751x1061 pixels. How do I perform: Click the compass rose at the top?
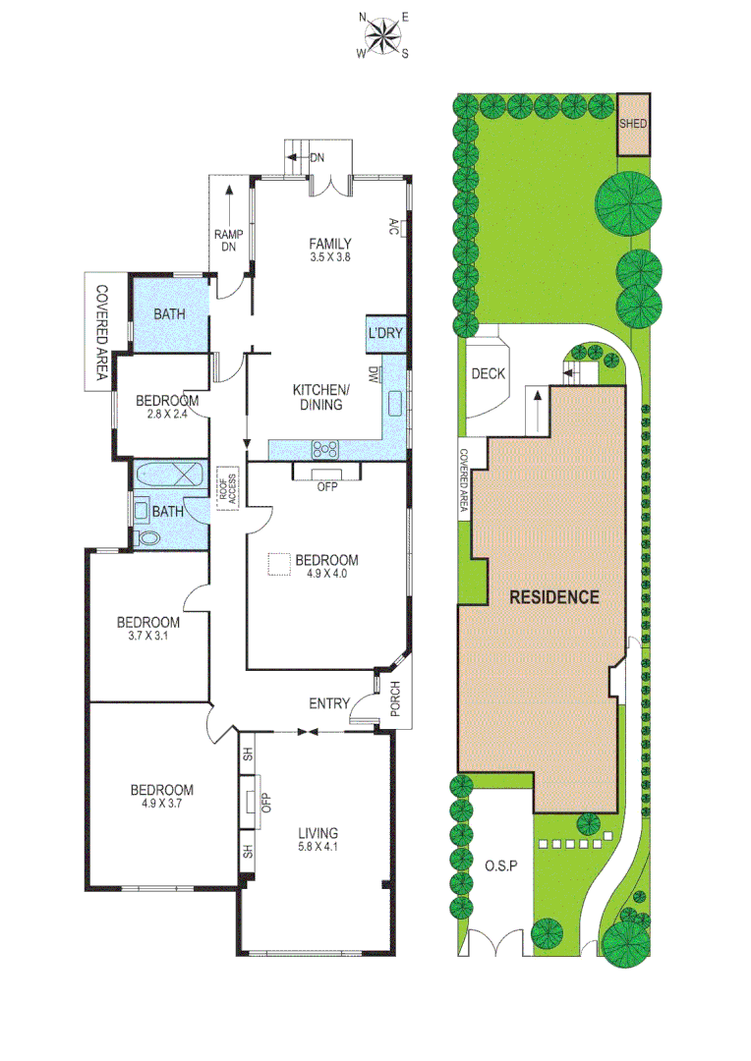(x=383, y=35)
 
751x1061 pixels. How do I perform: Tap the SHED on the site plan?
(x=633, y=124)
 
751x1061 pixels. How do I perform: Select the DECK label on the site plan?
(x=488, y=373)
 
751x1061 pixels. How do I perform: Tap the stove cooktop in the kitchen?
(x=325, y=450)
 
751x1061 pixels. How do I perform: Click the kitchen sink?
(x=396, y=404)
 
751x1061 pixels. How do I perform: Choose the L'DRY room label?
(x=385, y=334)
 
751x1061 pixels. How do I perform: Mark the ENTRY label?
(x=328, y=703)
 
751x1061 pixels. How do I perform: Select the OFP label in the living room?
(x=264, y=803)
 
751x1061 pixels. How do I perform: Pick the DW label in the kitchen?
(x=374, y=374)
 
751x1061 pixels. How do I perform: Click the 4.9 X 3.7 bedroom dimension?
(x=162, y=803)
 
